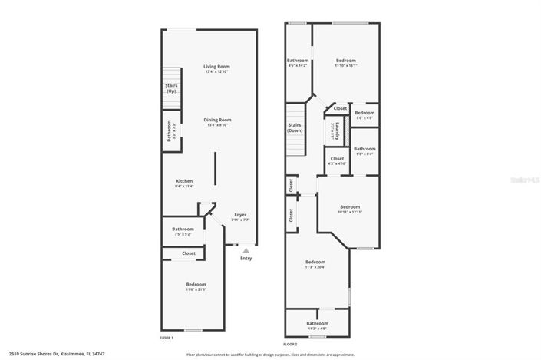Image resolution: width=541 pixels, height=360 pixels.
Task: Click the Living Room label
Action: [216, 67]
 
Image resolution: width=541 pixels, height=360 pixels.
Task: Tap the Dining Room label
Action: [217, 120]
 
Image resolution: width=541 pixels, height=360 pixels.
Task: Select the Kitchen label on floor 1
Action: [183, 182]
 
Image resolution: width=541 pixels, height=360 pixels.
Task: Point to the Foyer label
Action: [240, 216]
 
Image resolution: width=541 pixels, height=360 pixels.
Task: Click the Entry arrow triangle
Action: [246, 249]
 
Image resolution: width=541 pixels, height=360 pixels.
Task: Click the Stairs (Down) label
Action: [295, 127]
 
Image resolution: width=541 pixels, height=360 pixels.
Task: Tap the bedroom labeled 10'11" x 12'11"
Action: [350, 208]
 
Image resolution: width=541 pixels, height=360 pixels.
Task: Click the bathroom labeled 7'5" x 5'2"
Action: [183, 230]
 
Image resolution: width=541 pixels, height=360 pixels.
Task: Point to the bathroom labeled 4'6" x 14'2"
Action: [297, 62]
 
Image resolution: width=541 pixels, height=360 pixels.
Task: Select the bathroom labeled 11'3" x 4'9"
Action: [315, 325]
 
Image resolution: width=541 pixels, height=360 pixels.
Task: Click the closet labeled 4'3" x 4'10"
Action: [336, 160]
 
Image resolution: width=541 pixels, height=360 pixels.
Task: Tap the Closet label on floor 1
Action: [188, 253]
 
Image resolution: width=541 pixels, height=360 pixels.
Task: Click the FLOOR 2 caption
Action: [290, 345]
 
